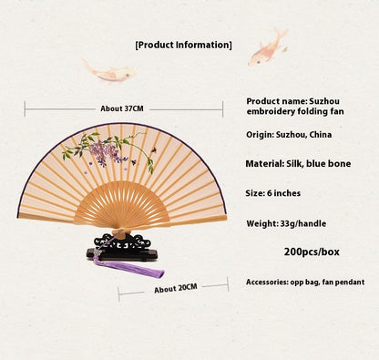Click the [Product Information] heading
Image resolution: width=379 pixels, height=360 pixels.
point(183,45)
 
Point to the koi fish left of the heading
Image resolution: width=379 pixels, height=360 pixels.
point(108,69)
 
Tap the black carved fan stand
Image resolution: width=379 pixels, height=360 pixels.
point(122,247)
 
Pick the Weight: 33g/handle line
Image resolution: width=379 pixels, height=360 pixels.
point(286,223)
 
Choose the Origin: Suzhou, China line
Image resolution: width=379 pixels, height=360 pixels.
point(290,135)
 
